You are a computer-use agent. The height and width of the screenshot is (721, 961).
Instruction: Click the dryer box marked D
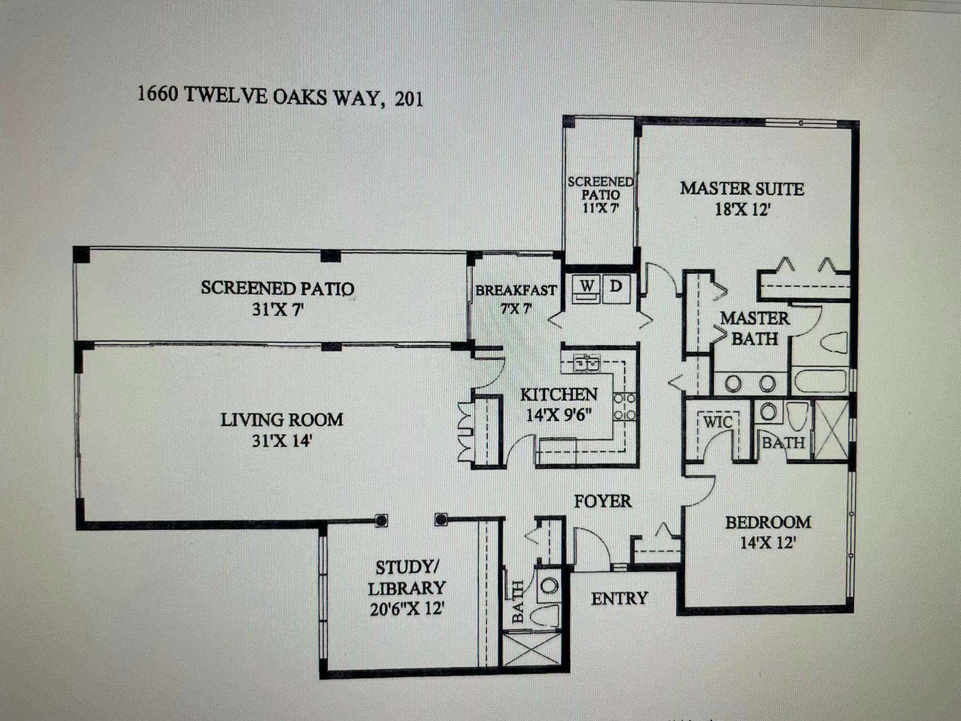(616, 287)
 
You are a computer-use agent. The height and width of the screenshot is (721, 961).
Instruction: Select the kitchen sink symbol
(586, 363)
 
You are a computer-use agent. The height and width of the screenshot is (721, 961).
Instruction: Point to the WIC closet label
(717, 422)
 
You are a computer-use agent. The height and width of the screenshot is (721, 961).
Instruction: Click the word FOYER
(603, 501)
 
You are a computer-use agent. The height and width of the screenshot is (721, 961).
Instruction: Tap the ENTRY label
(619, 598)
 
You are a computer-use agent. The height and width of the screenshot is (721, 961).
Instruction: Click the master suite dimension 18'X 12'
(742, 209)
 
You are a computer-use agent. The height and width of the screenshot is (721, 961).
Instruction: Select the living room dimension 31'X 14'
(281, 441)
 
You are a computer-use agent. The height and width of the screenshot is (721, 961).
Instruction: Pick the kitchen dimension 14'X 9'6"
(559, 415)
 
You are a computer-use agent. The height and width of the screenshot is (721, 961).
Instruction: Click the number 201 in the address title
(409, 99)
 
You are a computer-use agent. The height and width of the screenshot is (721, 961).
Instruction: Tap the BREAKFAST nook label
(516, 290)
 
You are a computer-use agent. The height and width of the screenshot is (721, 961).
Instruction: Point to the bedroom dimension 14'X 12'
(767, 543)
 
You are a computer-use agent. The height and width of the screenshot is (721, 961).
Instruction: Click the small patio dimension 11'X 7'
(600, 208)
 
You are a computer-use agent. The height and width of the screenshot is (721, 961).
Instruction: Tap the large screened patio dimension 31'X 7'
(277, 310)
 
